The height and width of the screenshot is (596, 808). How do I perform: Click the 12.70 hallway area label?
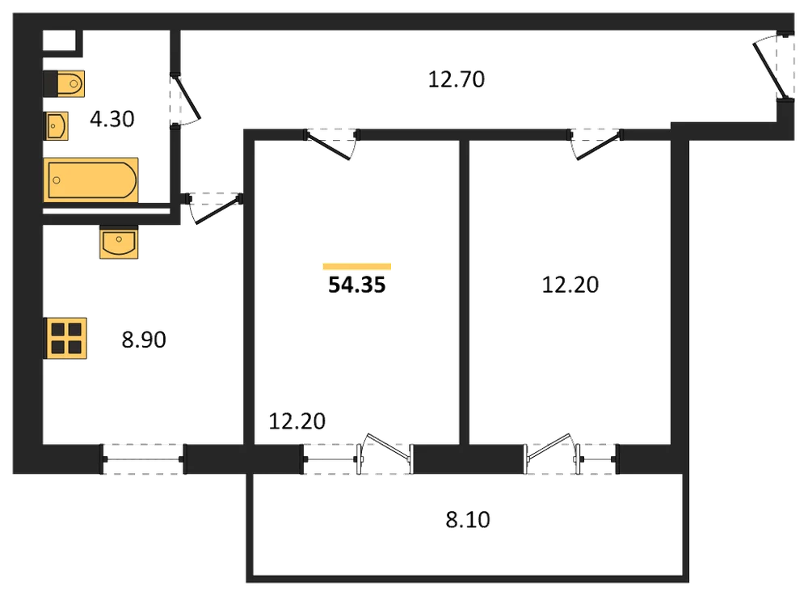coord(457,79)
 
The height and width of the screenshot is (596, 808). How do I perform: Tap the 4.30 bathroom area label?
coord(112,119)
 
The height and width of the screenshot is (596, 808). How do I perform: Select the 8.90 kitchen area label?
coord(144,340)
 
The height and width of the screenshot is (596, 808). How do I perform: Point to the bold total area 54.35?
coord(357,285)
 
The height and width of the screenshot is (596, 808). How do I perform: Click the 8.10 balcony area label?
coord(468,520)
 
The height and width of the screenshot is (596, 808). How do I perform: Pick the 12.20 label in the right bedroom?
coord(570,285)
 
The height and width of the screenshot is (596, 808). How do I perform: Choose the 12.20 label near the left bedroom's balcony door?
coord(297,421)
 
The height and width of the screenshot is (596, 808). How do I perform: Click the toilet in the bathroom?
coord(64,83)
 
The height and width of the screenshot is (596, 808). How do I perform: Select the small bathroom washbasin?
coord(56,126)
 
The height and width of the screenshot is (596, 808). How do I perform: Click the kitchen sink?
coord(119,242)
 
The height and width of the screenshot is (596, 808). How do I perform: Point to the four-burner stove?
coord(65,338)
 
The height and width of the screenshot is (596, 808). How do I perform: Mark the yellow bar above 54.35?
coord(357,267)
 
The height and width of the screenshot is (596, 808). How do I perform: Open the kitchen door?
coord(214,209)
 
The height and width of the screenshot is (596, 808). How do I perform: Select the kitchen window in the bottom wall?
coord(143,459)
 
